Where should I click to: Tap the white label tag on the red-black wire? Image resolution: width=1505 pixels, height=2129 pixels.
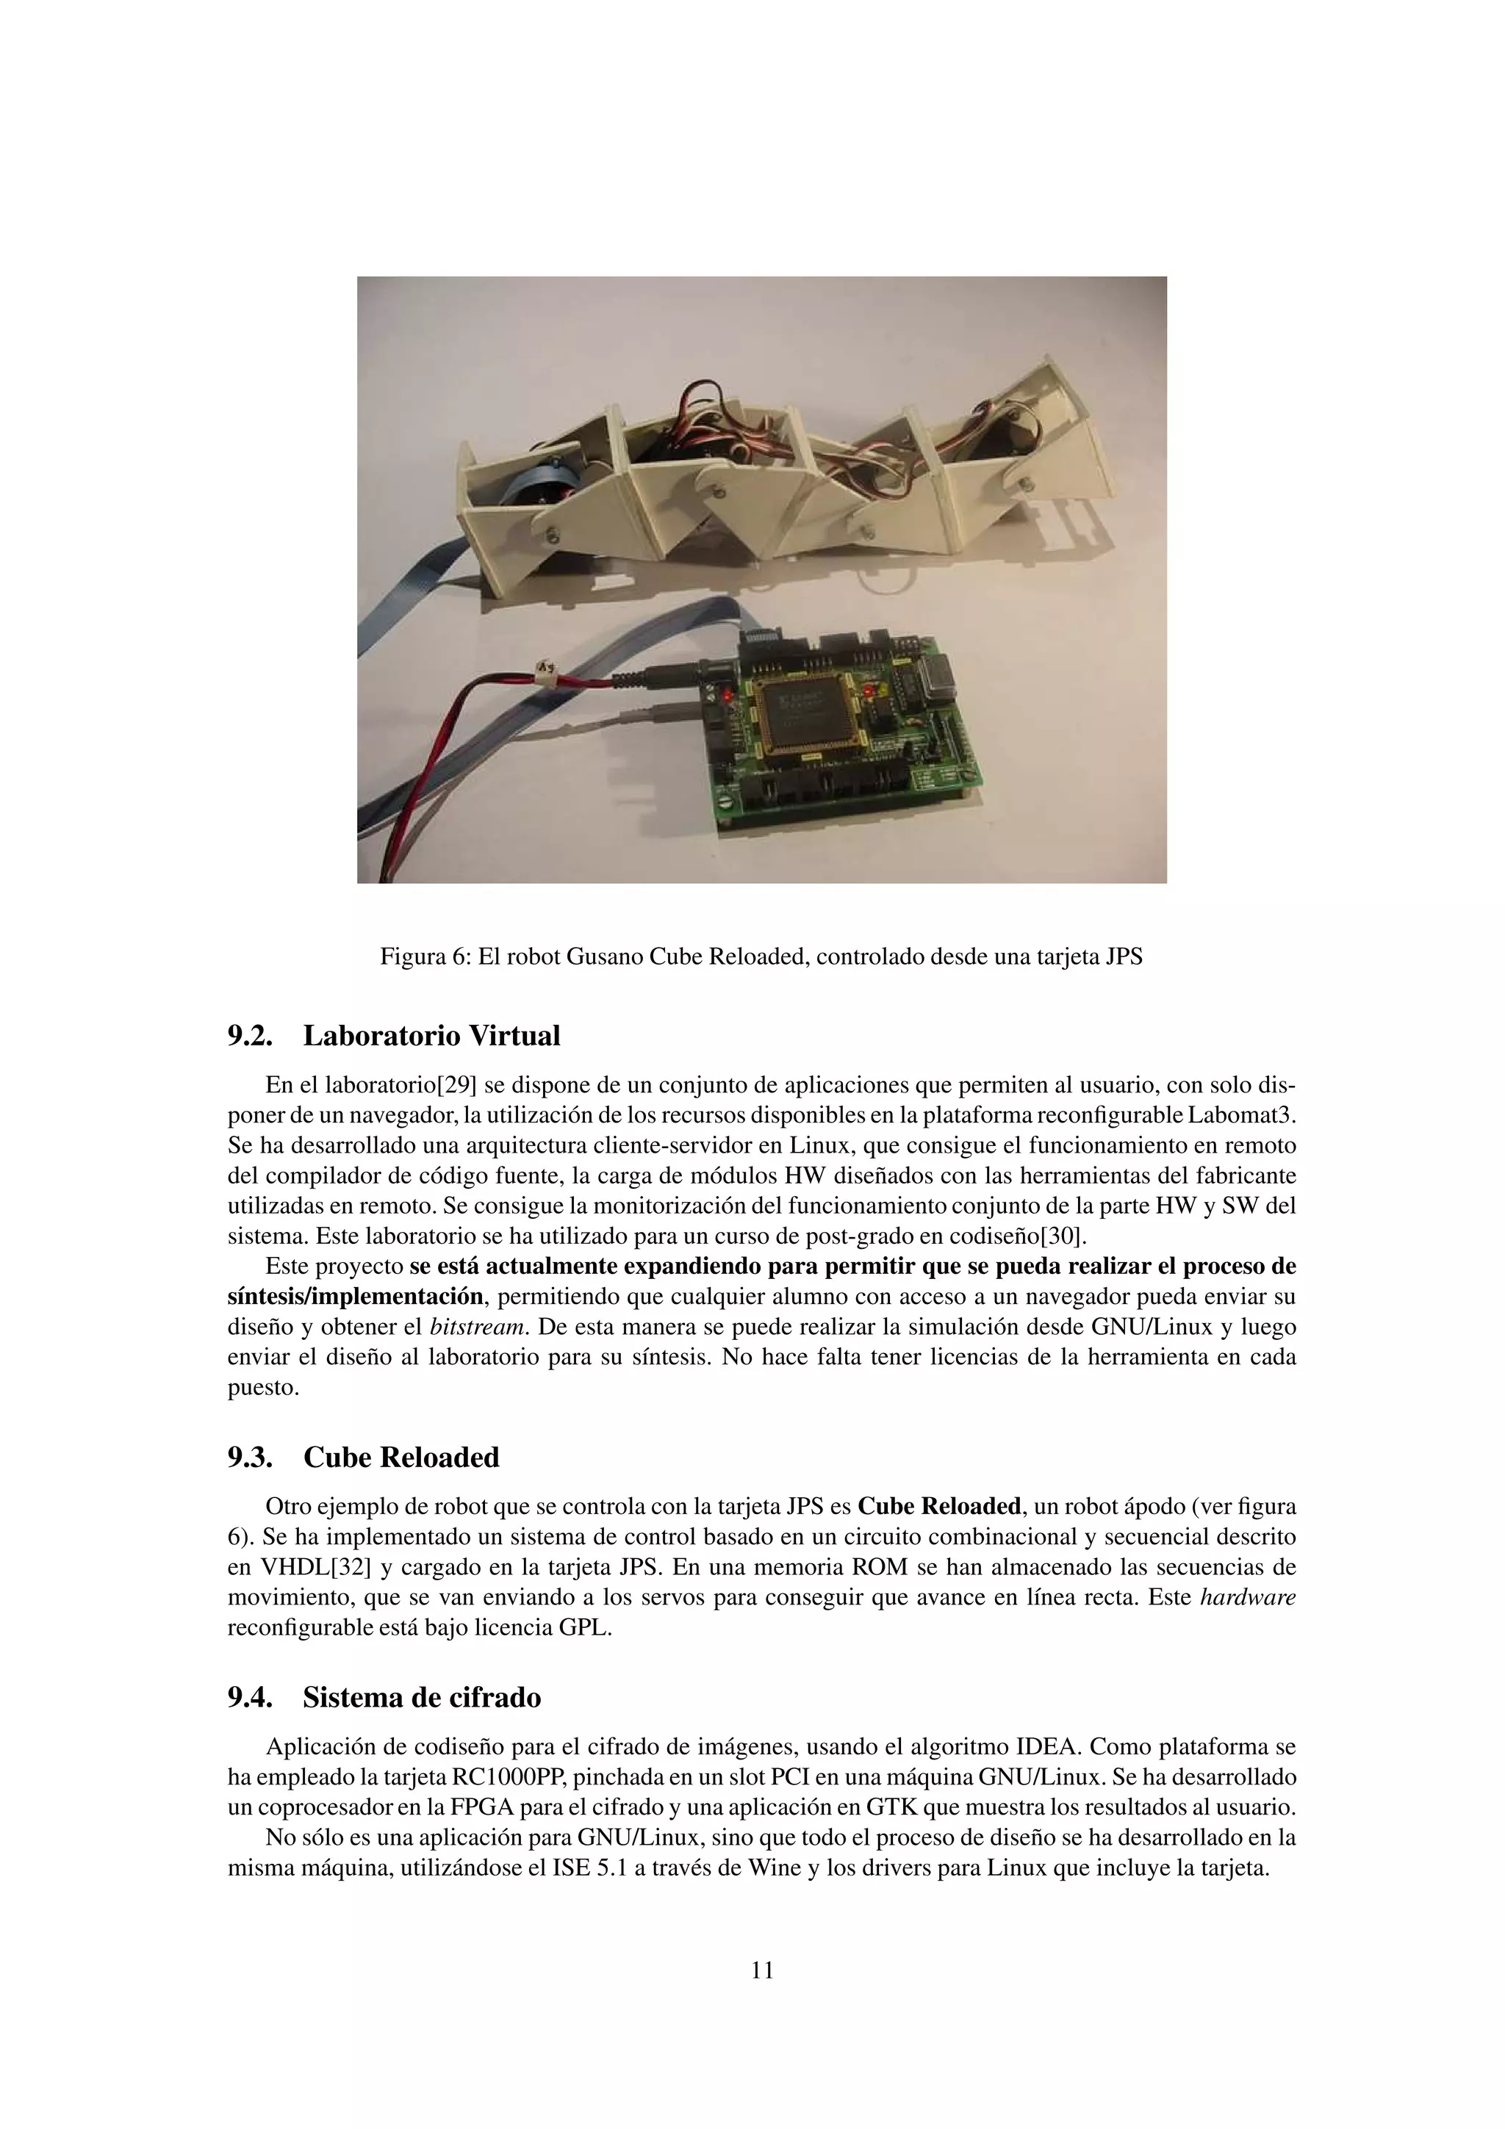[x=548, y=666]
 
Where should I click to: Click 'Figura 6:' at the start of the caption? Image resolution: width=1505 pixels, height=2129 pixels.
[x=425, y=957]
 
